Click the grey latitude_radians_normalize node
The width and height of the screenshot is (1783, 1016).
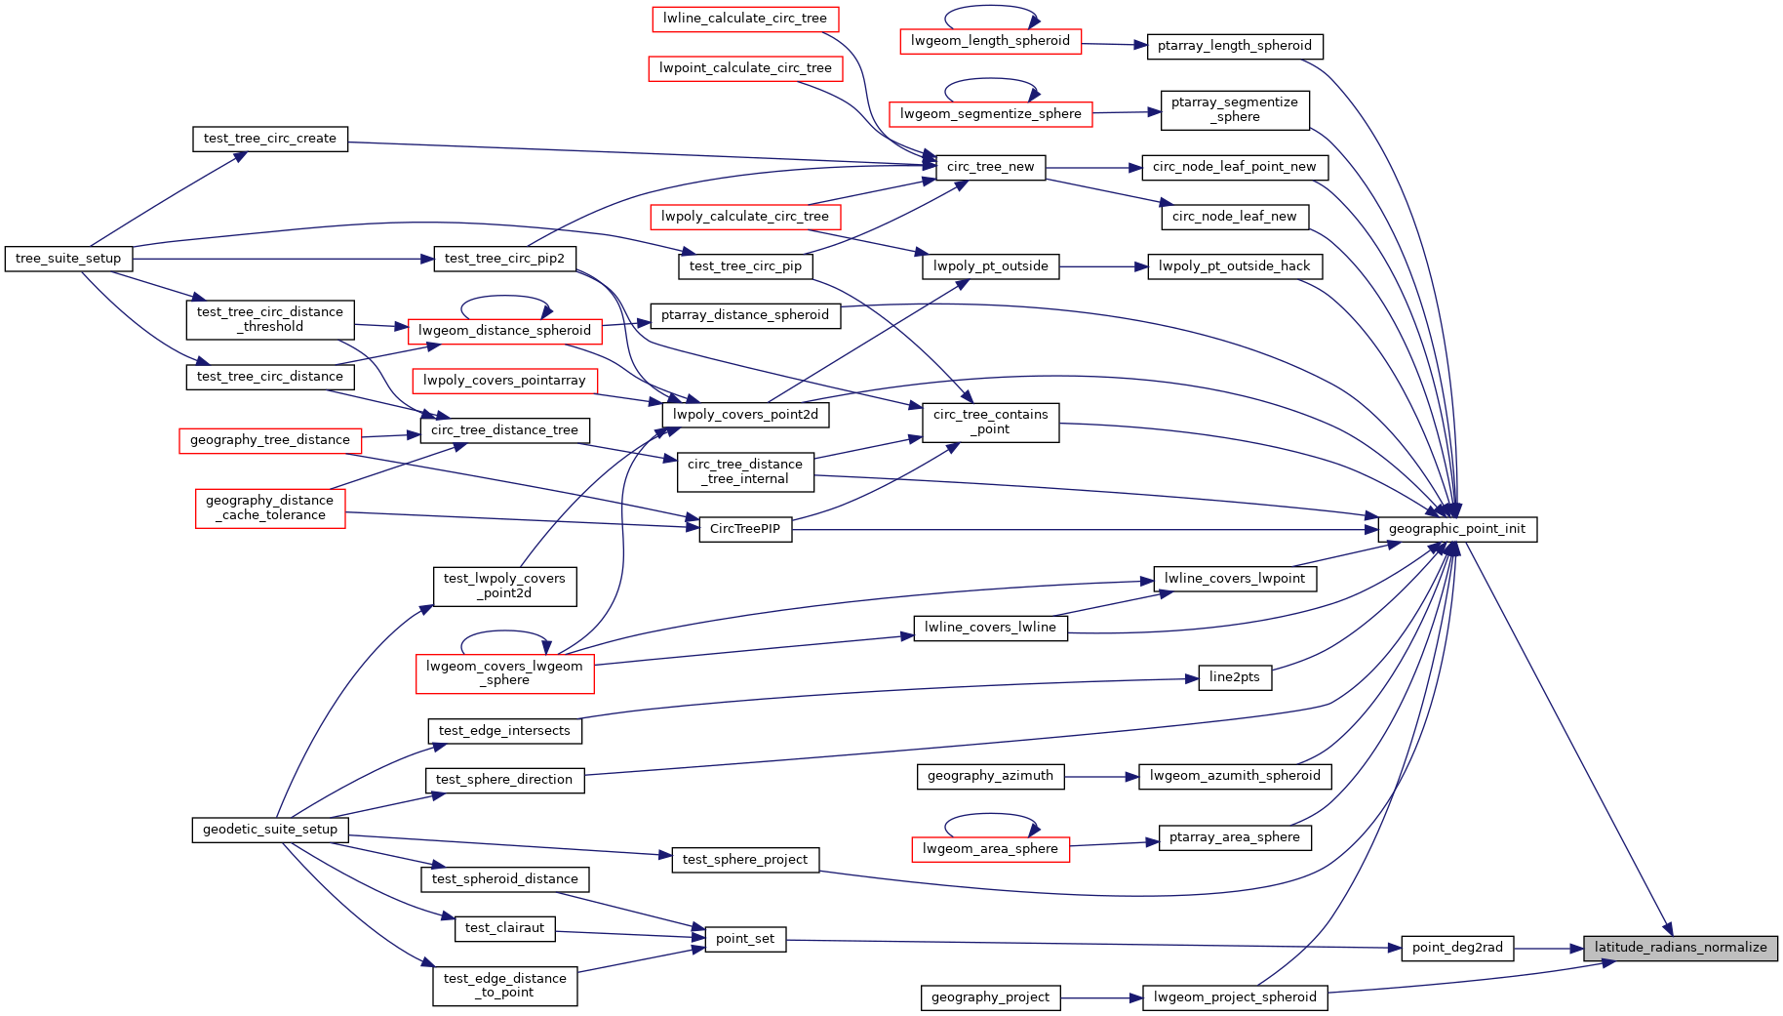(x=1680, y=948)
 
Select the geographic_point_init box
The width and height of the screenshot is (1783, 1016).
(x=1456, y=530)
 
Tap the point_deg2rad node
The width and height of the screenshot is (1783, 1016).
(x=1457, y=948)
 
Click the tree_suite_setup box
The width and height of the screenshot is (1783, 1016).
(x=68, y=259)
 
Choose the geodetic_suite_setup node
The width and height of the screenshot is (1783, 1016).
(x=269, y=830)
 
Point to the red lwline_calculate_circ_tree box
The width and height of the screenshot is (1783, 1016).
(x=744, y=19)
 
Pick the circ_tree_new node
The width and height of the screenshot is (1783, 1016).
(x=990, y=167)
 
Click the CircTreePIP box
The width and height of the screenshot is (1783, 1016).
(x=745, y=530)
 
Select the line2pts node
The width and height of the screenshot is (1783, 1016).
(x=1234, y=677)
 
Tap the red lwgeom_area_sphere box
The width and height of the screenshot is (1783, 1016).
(x=990, y=849)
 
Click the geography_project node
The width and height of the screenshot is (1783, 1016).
(x=990, y=997)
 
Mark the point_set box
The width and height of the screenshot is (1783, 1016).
(x=745, y=939)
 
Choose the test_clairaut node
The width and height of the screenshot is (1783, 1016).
(x=504, y=928)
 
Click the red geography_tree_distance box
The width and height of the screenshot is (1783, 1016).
(x=269, y=440)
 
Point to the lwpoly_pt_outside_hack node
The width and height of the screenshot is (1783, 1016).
(x=1234, y=266)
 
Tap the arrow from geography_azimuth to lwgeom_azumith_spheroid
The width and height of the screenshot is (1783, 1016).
(x=1101, y=777)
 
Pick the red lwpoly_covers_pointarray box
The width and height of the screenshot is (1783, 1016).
(x=504, y=381)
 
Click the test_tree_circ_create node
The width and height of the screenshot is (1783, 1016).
(x=269, y=139)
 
